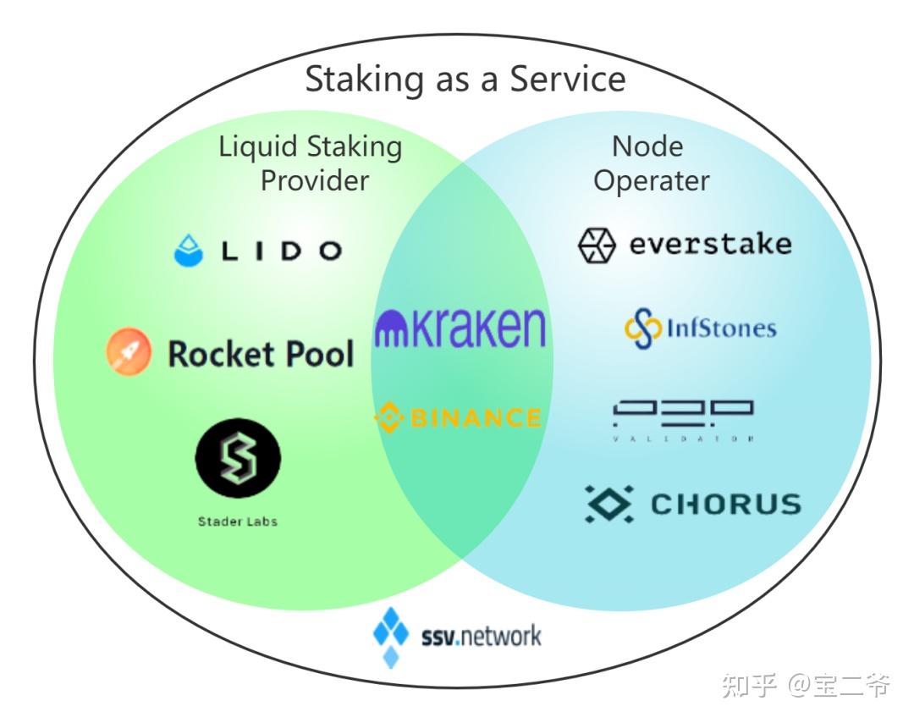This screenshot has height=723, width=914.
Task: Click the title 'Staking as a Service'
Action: click(x=465, y=80)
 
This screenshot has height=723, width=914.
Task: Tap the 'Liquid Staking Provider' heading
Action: click(x=311, y=163)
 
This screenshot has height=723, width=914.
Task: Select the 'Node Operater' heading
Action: click(x=650, y=163)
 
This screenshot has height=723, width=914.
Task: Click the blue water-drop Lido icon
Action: click(x=189, y=251)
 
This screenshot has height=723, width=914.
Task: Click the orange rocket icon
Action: click(x=129, y=352)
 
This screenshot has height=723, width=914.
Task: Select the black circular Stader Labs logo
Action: click(x=238, y=460)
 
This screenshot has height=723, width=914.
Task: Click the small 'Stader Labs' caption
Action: click(x=238, y=522)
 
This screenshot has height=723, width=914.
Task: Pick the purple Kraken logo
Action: click(x=460, y=327)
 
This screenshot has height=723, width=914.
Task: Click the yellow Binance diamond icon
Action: click(x=388, y=417)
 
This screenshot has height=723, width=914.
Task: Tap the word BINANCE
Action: click(x=474, y=417)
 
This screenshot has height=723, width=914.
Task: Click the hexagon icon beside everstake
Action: click(x=597, y=246)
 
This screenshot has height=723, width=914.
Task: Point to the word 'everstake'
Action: click(x=710, y=245)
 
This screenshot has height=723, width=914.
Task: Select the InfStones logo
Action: click(x=700, y=328)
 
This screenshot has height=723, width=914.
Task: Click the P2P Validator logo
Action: click(x=683, y=418)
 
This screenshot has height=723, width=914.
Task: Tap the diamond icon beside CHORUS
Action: click(x=608, y=504)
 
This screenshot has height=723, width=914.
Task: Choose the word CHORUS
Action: click(x=725, y=505)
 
